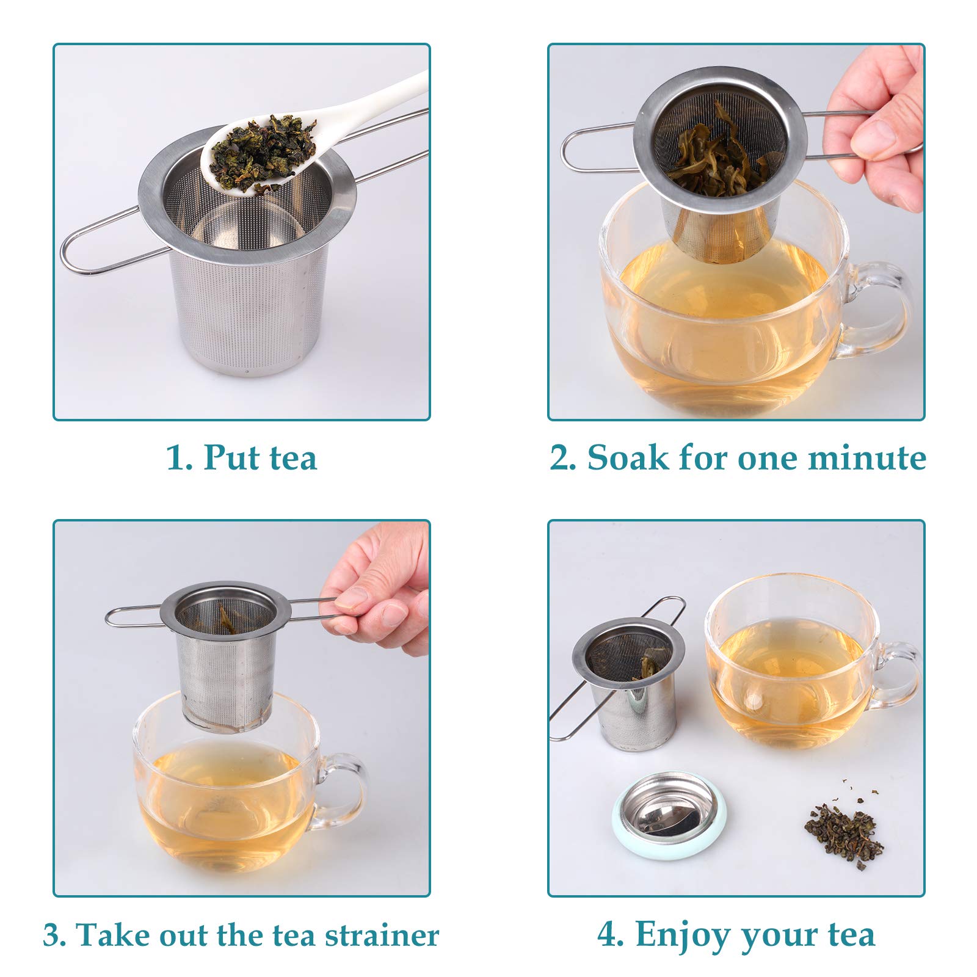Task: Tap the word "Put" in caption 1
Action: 229,457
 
